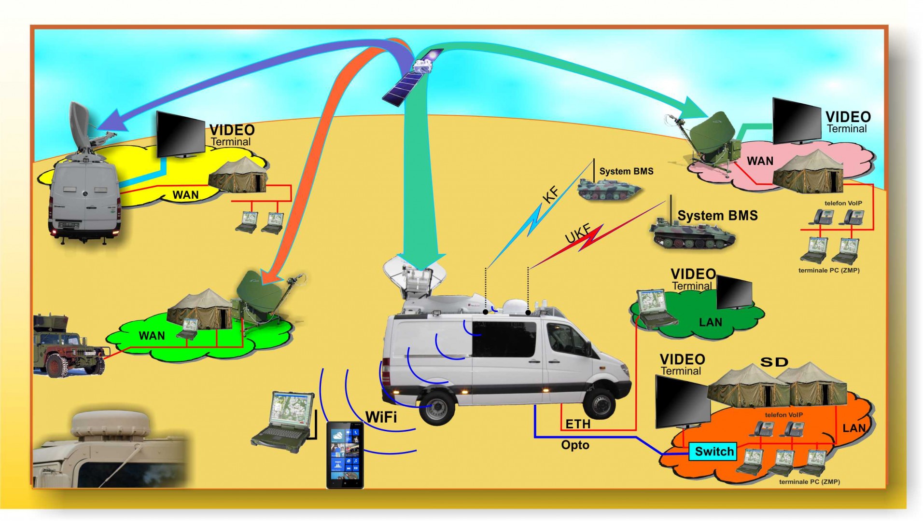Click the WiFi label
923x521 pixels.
click(381, 417)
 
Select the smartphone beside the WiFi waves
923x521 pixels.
click(345, 455)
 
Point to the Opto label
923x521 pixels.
click(575, 445)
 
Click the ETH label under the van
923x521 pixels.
click(578, 424)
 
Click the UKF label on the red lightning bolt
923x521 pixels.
click(577, 233)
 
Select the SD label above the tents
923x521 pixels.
click(774, 362)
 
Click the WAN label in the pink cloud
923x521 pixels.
click(760, 161)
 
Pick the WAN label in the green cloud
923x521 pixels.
click(152, 336)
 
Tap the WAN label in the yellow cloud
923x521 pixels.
click(185, 195)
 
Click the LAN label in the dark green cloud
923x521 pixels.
click(711, 322)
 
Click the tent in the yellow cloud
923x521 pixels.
click(238, 175)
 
